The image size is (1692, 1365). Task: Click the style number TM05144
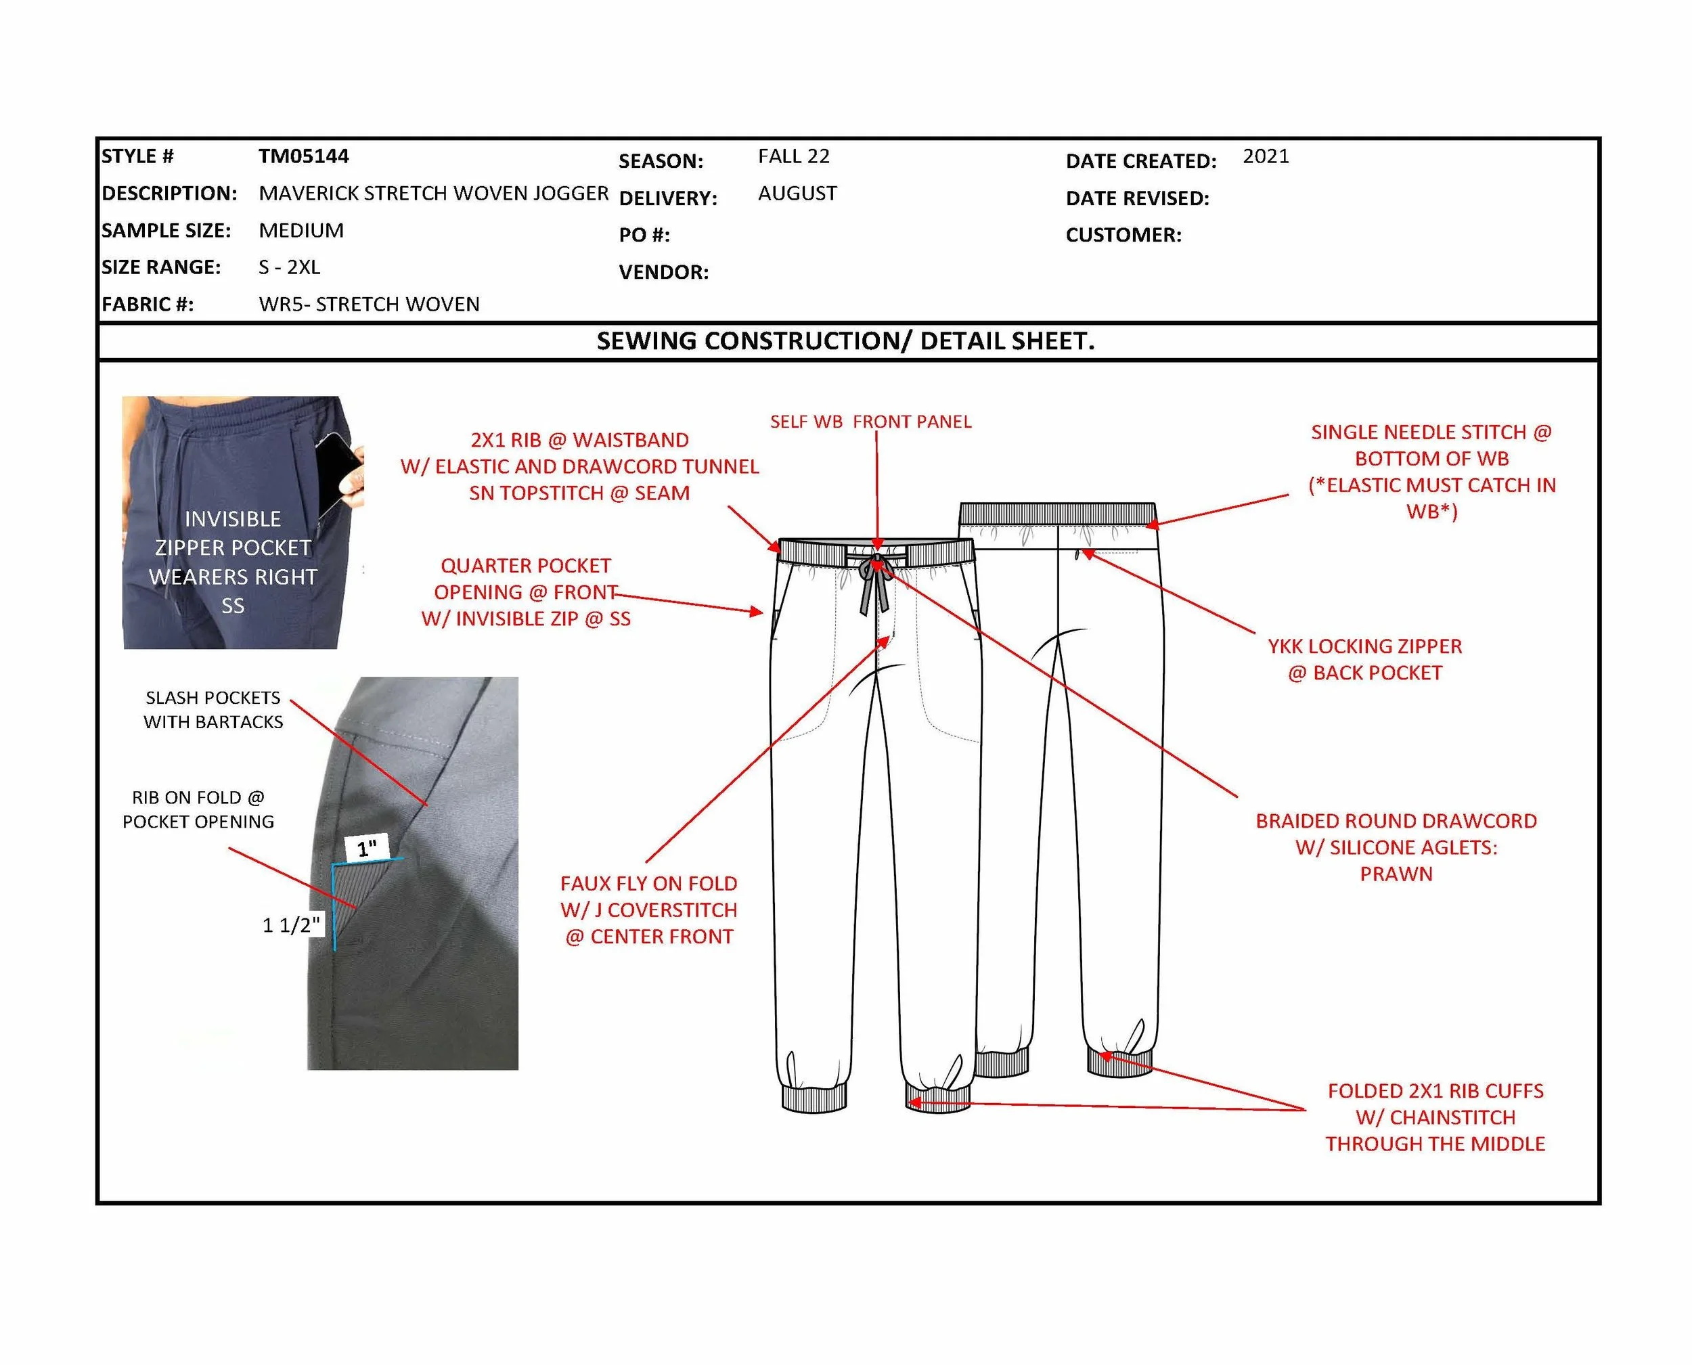point(303,156)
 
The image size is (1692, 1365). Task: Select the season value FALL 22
point(793,156)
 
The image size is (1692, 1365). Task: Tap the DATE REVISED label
point(1137,198)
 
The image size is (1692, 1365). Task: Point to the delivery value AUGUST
point(797,194)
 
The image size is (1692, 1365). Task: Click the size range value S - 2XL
point(290,267)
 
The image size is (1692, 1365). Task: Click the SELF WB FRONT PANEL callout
point(870,422)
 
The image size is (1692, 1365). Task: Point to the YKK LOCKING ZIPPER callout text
point(1364,659)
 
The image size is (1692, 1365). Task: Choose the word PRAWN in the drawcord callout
point(1396,874)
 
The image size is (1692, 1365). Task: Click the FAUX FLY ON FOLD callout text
point(648,910)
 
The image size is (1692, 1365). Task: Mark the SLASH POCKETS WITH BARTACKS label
point(213,709)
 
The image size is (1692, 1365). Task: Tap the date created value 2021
point(1266,156)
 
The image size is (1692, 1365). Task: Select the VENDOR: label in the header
point(663,272)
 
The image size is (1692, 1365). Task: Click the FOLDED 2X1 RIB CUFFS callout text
point(1435,1117)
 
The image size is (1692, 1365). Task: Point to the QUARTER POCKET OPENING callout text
point(525,592)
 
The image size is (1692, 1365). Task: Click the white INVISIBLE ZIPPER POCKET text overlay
point(233,562)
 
